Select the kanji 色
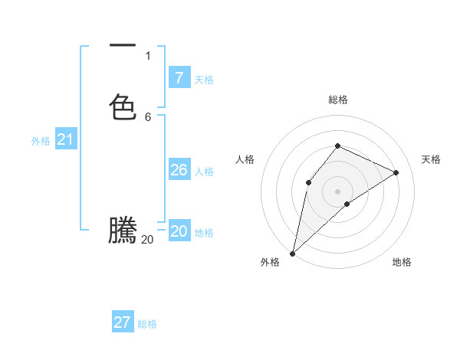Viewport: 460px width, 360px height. pos(123,106)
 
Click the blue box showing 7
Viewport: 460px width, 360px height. pos(179,77)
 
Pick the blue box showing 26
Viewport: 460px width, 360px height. pos(179,169)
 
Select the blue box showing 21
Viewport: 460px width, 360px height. pos(65,139)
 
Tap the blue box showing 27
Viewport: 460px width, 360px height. pos(123,322)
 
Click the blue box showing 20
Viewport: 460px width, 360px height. pos(179,231)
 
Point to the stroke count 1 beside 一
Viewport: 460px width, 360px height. pos(147,56)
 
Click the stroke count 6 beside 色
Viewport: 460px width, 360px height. pos(147,116)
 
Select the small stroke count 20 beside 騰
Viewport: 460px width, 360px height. pos(147,240)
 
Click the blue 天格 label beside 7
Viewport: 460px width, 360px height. pos(204,80)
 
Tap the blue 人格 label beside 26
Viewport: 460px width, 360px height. pos(204,172)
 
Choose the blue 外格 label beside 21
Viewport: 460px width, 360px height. pos(41,141)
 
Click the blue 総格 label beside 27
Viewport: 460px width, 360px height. pos(147,325)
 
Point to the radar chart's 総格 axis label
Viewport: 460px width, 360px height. pos(338,100)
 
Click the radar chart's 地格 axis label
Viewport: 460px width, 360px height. pos(402,263)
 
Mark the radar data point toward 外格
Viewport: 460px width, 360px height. pos(293,253)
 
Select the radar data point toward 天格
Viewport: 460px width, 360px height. pos(396,172)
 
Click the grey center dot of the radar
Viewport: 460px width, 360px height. pos(338,191)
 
